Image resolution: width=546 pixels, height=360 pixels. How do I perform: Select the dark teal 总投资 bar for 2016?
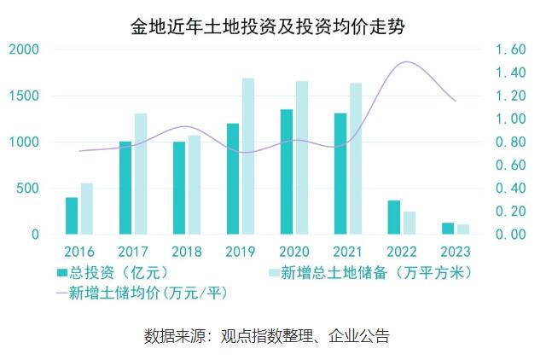tap(72, 216)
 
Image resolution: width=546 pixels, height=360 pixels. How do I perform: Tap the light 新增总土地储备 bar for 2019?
tap(247, 156)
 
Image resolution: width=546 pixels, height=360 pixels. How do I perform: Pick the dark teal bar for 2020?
tap(287, 171)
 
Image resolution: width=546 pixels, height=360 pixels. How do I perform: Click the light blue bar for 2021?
tap(355, 159)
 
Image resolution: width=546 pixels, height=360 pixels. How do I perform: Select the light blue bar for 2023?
tap(462, 229)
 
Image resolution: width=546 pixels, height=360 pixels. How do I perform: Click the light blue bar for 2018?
tap(194, 184)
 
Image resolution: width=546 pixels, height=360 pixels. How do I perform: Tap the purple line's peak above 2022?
tap(408, 62)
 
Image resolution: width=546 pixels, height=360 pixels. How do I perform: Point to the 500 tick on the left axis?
tap(28, 188)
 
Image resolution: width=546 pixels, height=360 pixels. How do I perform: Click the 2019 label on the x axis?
tap(241, 252)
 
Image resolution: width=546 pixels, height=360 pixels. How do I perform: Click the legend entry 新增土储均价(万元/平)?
tap(146, 293)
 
